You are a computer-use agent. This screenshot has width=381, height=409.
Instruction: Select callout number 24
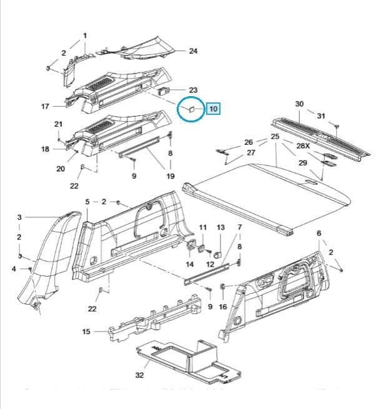point(193,51)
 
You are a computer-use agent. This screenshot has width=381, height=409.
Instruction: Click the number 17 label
point(45,107)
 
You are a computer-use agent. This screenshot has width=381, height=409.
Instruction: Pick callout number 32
point(139,375)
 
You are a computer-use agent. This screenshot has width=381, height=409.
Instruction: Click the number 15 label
point(86,332)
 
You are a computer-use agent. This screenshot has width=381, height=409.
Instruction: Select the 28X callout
point(303,145)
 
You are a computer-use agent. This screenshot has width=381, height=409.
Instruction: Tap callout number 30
point(299,104)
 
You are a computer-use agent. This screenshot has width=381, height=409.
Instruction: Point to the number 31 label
point(321,116)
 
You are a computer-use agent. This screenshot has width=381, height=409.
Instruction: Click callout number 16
point(223,307)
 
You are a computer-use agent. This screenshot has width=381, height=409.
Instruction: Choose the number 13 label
point(220,228)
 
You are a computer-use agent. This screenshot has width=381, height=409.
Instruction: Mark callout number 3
point(19,217)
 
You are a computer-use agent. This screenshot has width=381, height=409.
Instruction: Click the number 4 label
point(14,269)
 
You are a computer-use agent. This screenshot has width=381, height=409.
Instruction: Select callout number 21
point(58,124)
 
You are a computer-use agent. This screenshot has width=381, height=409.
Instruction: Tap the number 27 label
point(251,152)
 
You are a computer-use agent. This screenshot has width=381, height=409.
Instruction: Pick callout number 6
point(319,233)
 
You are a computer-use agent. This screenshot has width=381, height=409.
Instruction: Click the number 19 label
point(171,177)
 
